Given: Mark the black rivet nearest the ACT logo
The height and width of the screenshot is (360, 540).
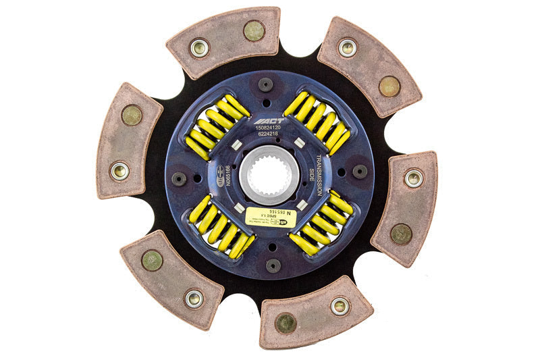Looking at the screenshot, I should (x=266, y=84).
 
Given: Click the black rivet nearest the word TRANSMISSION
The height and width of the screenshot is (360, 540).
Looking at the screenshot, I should (x=360, y=172).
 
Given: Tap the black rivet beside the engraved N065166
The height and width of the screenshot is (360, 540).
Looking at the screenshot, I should (x=179, y=179).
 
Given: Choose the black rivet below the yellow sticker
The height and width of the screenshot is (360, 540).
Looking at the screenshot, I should (x=273, y=265).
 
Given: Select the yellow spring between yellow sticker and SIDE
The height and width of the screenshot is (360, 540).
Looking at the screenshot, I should (x=321, y=225).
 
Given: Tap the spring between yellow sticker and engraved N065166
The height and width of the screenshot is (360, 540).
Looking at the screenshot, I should (x=220, y=228).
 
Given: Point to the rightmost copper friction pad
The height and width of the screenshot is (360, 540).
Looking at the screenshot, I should (x=405, y=207).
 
